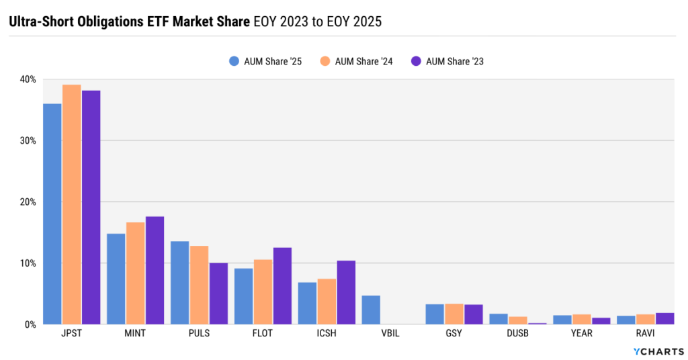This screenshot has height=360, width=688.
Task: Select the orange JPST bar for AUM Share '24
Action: (71, 204)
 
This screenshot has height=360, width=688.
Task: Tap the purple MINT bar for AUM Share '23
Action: (155, 270)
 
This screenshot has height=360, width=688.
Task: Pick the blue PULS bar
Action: (179, 282)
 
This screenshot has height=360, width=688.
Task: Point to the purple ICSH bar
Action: (346, 292)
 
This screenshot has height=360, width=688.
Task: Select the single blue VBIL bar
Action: (371, 310)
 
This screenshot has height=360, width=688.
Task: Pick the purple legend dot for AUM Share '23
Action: (415, 61)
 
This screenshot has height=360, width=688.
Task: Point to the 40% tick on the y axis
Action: (28, 79)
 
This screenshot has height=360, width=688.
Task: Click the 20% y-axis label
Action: (28, 201)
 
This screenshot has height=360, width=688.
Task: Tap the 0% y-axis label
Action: (30, 324)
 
